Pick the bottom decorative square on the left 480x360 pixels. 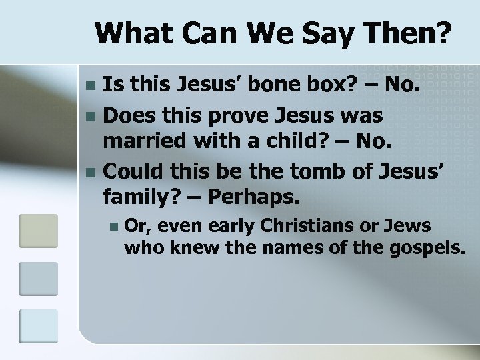[x=33, y=329]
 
